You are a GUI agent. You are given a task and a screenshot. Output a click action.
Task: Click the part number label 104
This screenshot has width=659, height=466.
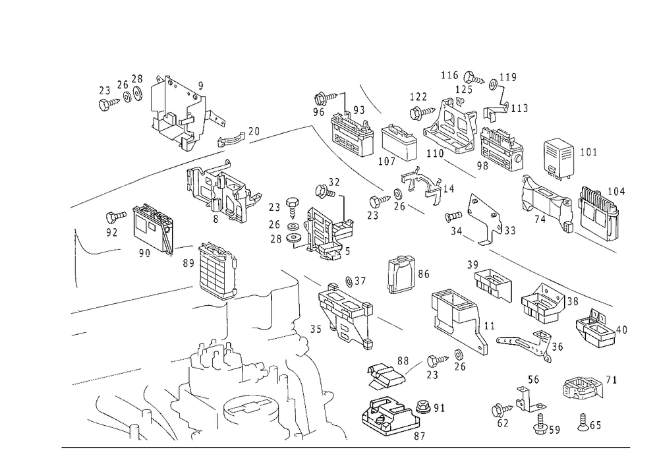616,192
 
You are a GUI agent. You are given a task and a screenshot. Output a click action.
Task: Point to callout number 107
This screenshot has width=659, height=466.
387,161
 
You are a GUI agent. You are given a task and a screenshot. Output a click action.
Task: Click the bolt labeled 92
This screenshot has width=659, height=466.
116,217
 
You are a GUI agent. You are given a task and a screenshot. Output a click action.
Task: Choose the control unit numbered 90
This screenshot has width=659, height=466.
153,228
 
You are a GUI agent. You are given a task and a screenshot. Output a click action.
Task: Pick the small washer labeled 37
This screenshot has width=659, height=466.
349,281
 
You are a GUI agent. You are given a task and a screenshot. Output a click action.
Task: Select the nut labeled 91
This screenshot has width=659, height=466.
422,407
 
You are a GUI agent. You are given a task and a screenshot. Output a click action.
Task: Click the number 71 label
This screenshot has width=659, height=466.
611,380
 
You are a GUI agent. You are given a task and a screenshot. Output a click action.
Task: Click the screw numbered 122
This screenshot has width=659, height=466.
422,112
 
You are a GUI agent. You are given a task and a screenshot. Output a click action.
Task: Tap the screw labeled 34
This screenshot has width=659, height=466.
453,216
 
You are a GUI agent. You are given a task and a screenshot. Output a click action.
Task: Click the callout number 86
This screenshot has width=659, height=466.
424,274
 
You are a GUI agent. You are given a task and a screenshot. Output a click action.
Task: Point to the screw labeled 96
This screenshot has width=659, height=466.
326,99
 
